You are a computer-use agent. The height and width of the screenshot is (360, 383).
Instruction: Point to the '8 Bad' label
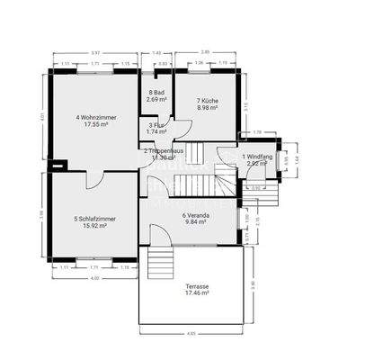[x=156, y=93]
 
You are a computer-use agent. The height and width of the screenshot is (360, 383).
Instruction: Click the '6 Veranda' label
[x=197, y=216]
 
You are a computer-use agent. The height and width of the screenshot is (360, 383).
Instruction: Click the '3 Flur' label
[x=156, y=125]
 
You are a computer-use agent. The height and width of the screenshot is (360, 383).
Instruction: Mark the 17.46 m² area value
[x=197, y=293]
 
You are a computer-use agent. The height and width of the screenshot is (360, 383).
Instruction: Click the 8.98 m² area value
[x=210, y=108]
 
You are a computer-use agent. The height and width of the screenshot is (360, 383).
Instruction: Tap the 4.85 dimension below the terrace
[x=192, y=334]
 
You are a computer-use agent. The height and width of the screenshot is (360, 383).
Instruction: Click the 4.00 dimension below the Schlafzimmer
[x=94, y=276]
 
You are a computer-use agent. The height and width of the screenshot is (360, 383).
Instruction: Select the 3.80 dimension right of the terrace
[x=253, y=284]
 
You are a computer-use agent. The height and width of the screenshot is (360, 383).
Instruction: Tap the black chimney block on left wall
[x=59, y=165]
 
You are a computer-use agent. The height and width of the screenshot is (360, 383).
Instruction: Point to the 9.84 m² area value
[x=197, y=223]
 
